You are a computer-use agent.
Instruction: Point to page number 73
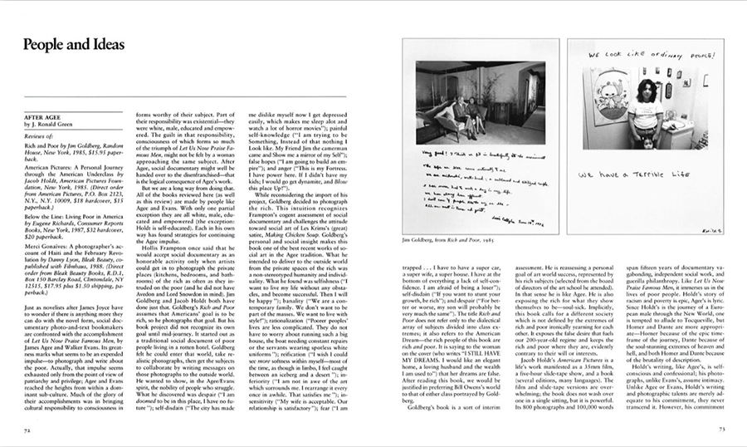(x=720, y=431)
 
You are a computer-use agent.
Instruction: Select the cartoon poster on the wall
(x=608, y=106)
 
